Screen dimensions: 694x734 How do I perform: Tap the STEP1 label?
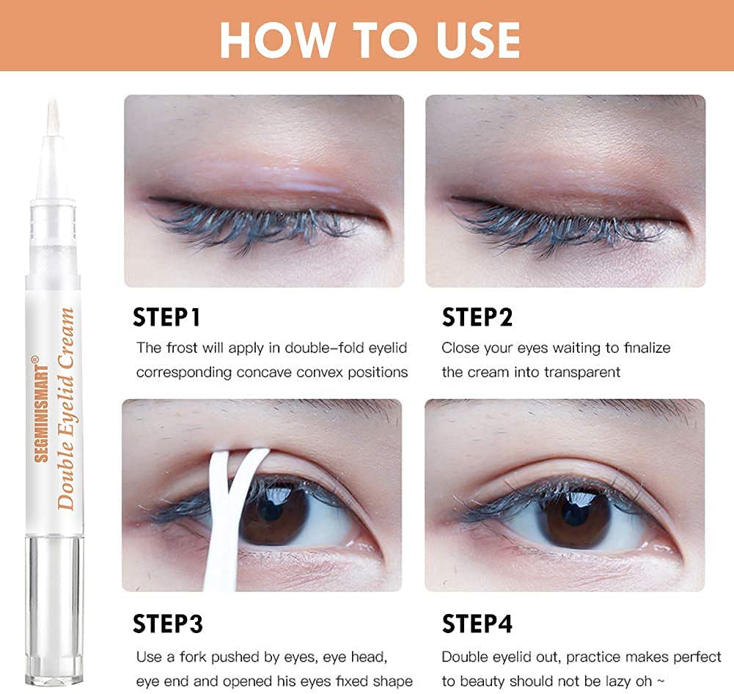point(166,317)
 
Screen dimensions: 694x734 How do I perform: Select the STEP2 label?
point(477,317)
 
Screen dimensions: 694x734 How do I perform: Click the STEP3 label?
point(168,624)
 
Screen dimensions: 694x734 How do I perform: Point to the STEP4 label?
point(477,624)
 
